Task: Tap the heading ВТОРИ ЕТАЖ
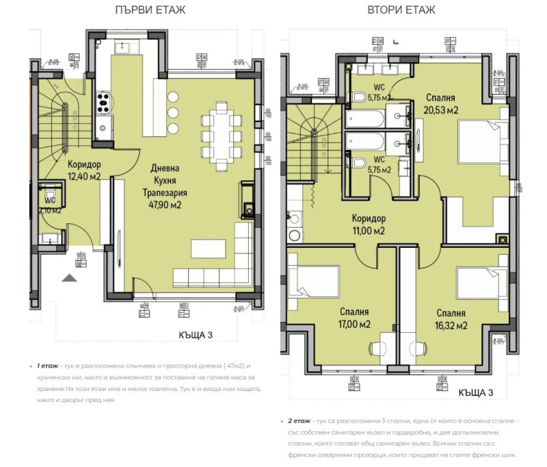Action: click(x=401, y=10)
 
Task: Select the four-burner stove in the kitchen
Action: click(x=105, y=103)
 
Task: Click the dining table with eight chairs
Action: click(x=222, y=136)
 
